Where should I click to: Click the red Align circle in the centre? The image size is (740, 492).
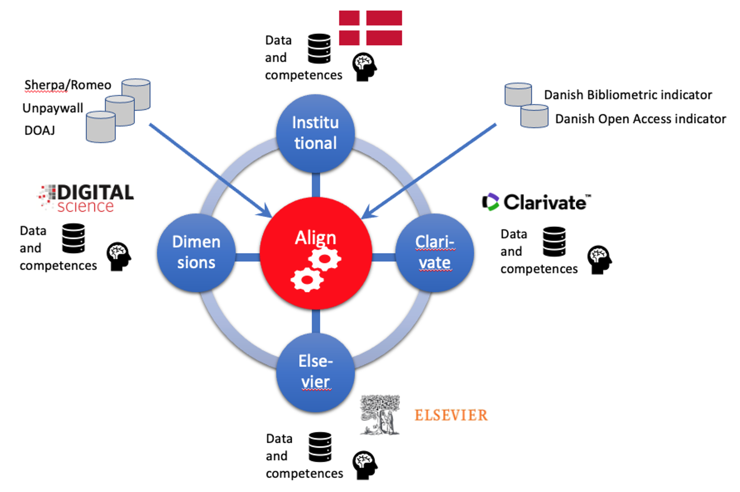pyautogui.click(x=316, y=253)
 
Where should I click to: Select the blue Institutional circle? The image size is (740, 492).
pyautogui.click(x=315, y=133)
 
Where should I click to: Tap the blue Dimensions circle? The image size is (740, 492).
pyautogui.click(x=196, y=252)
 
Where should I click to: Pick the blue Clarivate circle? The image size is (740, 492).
pyautogui.click(x=434, y=252)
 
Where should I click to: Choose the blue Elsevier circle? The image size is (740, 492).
pyautogui.click(x=315, y=372)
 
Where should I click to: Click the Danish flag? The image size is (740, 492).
pyautogui.click(x=370, y=28)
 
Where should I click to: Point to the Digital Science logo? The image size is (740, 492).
pyautogui.click(x=86, y=198)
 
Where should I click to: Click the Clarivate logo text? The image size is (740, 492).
pyautogui.click(x=536, y=202)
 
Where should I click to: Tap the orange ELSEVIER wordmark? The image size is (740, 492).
pyautogui.click(x=451, y=415)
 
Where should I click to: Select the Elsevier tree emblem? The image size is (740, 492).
pyautogui.click(x=380, y=414)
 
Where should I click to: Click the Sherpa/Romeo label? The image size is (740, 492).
pyautogui.click(x=68, y=85)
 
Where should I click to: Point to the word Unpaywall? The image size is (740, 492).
pyautogui.click(x=53, y=108)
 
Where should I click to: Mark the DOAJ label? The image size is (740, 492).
pyautogui.click(x=40, y=130)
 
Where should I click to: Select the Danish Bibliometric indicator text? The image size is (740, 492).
pyautogui.click(x=628, y=95)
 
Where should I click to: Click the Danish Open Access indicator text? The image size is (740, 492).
pyautogui.click(x=640, y=119)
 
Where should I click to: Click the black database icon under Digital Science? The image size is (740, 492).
pyautogui.click(x=73, y=238)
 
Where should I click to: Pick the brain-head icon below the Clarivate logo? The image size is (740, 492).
pyautogui.click(x=599, y=259)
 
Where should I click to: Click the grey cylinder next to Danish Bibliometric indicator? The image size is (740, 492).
pyautogui.click(x=518, y=95)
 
